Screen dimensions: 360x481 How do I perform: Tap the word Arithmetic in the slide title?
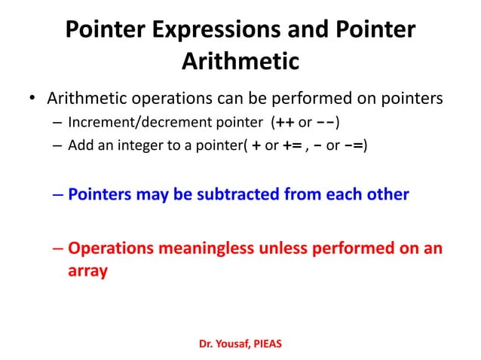pyautogui.click(x=240, y=60)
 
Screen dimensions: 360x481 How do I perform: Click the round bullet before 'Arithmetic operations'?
pyautogui.click(x=32, y=99)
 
